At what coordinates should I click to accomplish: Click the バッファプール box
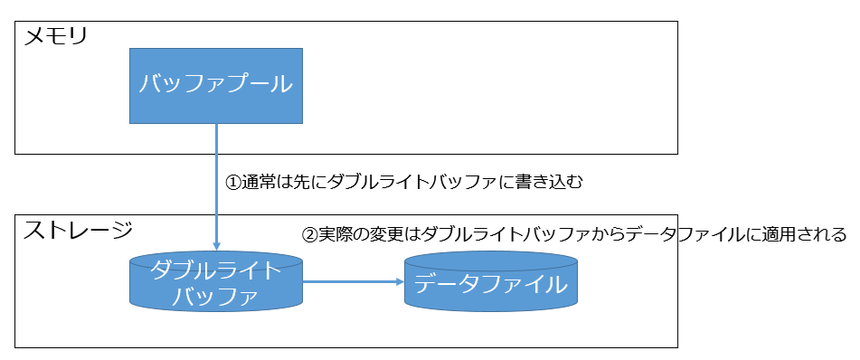216,86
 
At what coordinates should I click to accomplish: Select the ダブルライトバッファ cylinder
216,281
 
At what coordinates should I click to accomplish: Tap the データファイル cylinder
491,283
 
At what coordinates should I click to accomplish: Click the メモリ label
55,38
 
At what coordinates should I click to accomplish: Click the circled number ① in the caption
233,182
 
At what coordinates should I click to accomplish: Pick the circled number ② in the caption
309,234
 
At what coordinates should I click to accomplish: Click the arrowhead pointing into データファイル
398,281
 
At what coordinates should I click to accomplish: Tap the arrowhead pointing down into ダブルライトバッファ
217,245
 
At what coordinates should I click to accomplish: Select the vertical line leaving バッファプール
217,172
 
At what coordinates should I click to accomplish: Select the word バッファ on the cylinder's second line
216,295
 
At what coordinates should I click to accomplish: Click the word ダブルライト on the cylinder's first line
216,270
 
